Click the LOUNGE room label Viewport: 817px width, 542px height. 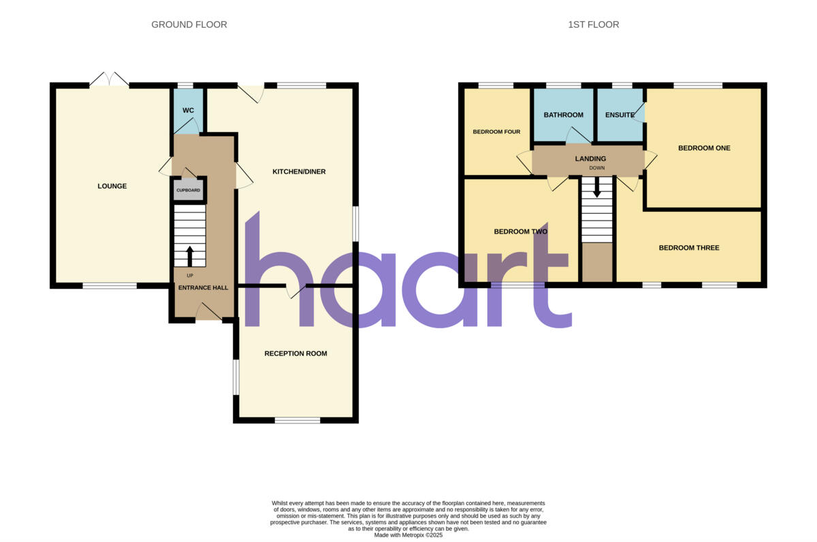(112, 186)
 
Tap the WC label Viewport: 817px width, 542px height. (189, 110)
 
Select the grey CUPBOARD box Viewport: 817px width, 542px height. (189, 191)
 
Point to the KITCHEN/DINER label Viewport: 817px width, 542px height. (299, 172)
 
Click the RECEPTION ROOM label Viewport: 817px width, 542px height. (295, 353)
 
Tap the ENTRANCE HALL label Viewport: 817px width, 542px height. (203, 288)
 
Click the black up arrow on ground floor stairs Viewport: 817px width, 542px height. (190, 256)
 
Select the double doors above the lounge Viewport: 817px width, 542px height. (109, 80)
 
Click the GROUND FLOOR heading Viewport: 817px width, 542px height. (189, 25)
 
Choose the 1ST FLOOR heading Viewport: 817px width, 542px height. (594, 25)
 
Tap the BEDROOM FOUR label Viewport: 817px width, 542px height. (496, 131)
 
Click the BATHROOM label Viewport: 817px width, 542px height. (563, 115)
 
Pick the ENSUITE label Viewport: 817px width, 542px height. (620, 115)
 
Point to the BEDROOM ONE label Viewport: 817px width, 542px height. (704, 148)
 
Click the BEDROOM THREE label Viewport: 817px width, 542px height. (689, 248)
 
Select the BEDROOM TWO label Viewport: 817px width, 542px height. (521, 232)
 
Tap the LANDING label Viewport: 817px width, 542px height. (590, 159)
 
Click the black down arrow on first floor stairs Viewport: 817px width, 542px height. (597, 187)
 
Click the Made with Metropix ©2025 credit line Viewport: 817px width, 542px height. (408, 535)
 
